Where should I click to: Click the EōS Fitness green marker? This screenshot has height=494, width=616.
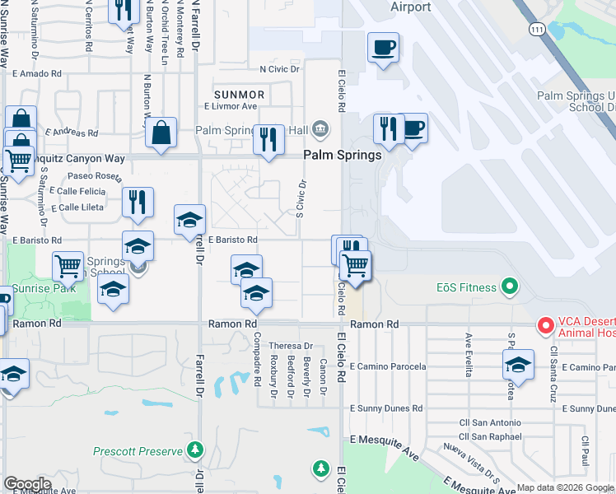[x=510, y=287]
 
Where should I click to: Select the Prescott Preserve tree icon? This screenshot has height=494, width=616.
[x=195, y=450]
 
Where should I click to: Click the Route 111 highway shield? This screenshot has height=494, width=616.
[x=537, y=29]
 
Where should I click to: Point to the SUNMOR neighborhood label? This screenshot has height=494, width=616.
[x=238, y=94]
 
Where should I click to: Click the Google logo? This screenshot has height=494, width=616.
[x=27, y=484]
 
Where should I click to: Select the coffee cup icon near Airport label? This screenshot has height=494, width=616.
[x=383, y=48]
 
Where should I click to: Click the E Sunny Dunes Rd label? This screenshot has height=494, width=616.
[x=386, y=408]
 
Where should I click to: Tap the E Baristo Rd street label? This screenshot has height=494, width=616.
[x=233, y=240]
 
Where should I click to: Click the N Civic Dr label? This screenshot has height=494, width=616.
[x=279, y=69]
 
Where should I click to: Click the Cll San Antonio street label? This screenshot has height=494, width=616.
[x=490, y=423]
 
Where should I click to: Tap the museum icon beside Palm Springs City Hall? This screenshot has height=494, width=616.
[x=320, y=128]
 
